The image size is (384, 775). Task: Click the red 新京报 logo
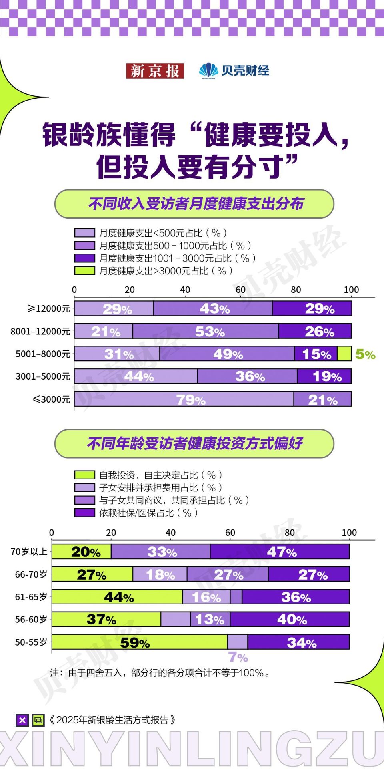(x=155, y=71)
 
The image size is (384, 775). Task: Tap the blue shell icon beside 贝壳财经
(x=208, y=71)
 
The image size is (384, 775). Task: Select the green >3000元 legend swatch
(x=84, y=271)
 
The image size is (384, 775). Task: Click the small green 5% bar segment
(x=344, y=354)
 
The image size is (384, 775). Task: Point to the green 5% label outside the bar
(x=365, y=354)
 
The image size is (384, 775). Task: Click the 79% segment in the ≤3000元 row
(x=184, y=399)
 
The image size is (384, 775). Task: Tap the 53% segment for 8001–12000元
(x=206, y=331)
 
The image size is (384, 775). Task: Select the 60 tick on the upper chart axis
(x=240, y=290)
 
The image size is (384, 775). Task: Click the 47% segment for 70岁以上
(x=280, y=552)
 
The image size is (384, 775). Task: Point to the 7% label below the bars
(x=238, y=657)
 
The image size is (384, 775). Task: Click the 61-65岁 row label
(x=31, y=597)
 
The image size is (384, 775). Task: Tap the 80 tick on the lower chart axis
(x=290, y=533)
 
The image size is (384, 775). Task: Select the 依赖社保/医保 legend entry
(x=136, y=513)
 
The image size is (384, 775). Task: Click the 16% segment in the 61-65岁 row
(x=206, y=597)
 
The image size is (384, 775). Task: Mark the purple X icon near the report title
(x=22, y=720)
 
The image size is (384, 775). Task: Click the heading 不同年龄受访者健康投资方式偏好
(x=194, y=443)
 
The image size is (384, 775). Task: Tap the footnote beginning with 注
(x=160, y=673)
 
